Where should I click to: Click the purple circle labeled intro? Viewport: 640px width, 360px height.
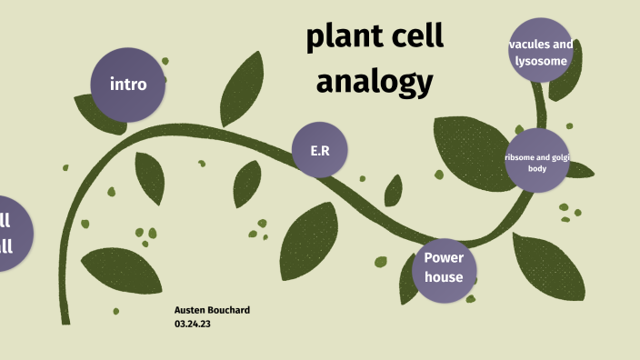(128, 85)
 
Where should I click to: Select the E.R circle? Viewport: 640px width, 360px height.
(320, 149)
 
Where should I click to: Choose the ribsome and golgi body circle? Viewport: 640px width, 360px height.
(536, 161)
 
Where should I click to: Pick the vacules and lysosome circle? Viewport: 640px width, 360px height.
(541, 52)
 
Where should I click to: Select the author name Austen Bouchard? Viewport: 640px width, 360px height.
(212, 310)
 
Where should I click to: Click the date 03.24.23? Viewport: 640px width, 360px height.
(192, 323)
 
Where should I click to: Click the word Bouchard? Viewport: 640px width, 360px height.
(228, 310)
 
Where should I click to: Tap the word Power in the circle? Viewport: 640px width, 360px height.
(444, 258)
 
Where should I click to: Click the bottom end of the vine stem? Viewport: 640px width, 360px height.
(65, 320)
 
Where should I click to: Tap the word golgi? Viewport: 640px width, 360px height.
(557, 157)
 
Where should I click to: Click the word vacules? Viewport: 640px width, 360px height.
(527, 44)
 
